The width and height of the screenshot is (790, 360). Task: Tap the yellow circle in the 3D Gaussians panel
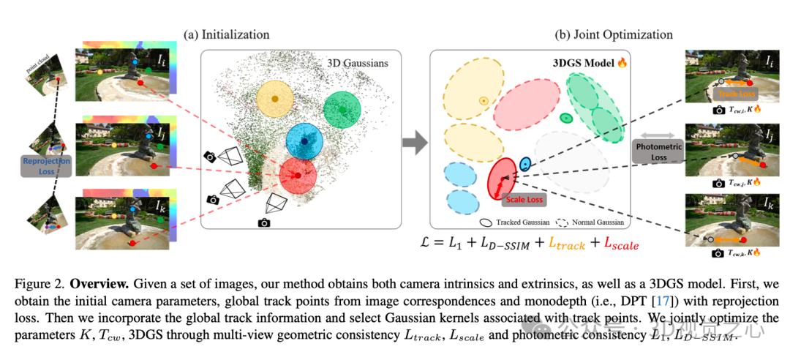(274, 99)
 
